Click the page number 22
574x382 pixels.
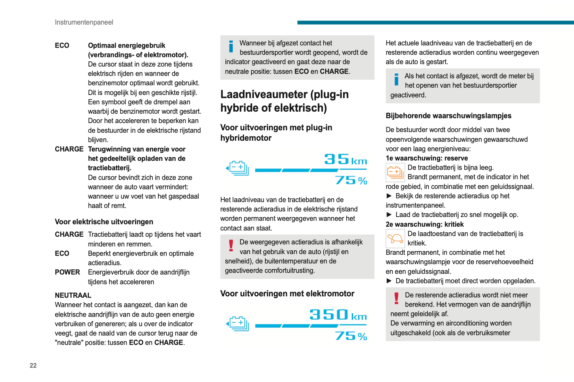33,365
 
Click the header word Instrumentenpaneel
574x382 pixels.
84,22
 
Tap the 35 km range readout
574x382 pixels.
345,159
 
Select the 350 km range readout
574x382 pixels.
338,315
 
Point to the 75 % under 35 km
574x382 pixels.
351,180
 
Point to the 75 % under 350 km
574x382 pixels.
351,336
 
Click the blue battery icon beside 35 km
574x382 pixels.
238,168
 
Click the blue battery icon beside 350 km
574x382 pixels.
238,323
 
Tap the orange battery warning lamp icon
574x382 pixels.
395,172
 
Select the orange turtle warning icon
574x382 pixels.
395,238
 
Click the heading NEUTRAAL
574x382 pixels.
73,295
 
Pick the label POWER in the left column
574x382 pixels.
67,272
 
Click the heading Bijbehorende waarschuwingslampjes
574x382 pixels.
448,116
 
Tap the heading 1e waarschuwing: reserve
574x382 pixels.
426,158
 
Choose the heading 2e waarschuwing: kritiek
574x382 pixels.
424,224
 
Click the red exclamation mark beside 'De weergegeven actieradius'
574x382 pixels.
231,245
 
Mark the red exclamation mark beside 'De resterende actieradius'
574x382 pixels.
396,298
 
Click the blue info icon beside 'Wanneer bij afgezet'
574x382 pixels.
231,46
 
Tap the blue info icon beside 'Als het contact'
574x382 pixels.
396,79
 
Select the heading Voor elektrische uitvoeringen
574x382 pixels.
104,222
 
